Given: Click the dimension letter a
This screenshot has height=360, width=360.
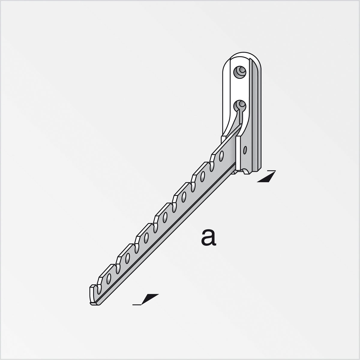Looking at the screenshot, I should click(x=209, y=237).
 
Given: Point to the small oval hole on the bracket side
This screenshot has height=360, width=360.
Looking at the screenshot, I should click(x=245, y=149).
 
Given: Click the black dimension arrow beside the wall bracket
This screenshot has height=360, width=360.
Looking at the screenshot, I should click(x=266, y=177).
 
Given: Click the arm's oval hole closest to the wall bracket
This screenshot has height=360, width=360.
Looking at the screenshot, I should click(x=221, y=155).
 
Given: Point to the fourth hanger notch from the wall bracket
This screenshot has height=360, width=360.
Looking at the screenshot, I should click(x=155, y=222).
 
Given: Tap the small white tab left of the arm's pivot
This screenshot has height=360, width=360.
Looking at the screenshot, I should click(x=223, y=139).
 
